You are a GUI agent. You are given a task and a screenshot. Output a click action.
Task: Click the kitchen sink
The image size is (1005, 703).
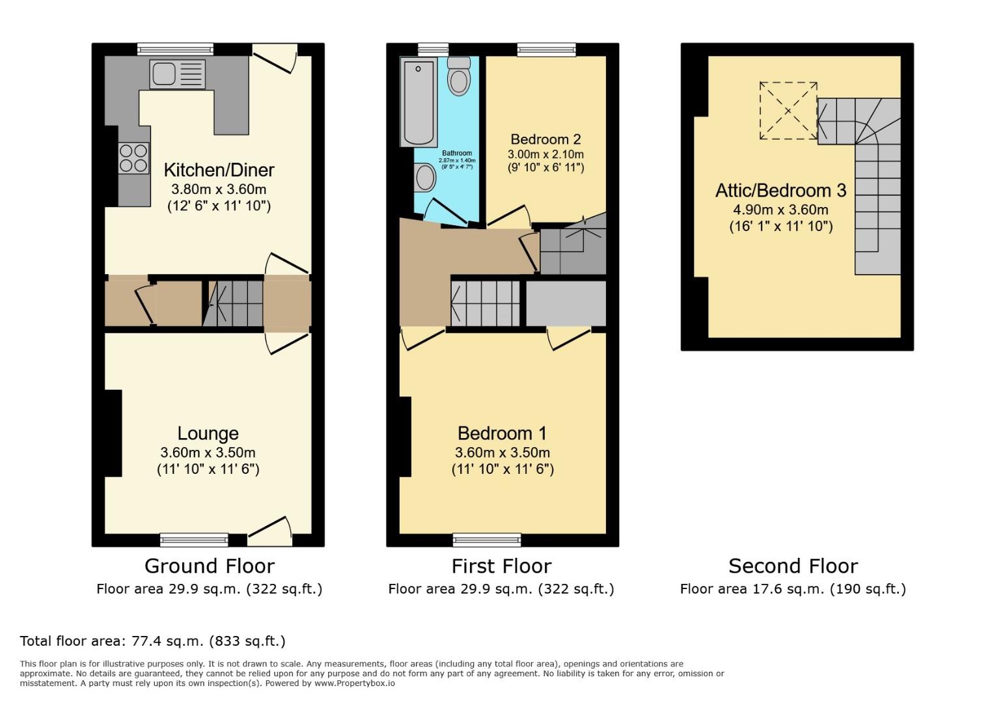coord(177,74)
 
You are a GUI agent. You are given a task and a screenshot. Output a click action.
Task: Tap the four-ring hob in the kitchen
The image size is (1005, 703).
coord(133,158)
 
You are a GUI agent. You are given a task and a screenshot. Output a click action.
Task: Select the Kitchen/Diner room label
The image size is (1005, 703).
coord(219,170)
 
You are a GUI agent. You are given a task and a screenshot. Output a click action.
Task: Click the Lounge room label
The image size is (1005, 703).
coord(208,434)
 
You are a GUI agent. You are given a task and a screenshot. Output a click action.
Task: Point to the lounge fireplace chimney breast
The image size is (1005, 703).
coord(113,433)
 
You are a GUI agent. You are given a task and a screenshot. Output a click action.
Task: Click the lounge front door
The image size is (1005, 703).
coord(270,532)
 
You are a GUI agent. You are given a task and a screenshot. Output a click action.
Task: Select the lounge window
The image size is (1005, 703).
coord(194,539)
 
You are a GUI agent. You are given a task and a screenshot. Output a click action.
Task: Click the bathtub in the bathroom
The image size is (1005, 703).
coord(419,102)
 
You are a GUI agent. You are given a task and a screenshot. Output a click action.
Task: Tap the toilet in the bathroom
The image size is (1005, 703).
coord(460,76)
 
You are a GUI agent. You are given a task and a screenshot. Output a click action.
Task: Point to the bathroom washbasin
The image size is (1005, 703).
coord(425,177)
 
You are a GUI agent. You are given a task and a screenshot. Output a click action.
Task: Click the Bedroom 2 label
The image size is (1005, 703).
coord(545,139)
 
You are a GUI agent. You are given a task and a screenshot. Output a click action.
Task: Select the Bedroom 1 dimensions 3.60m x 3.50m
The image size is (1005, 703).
coord(502,452)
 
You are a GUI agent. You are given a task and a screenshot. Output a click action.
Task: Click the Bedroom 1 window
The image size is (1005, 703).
coord(487,539)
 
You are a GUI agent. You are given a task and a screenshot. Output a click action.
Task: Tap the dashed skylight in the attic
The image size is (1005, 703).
coord(788,111)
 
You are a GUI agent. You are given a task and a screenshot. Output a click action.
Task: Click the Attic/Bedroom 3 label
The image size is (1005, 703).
coord(780,191)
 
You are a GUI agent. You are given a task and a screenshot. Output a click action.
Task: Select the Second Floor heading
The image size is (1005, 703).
coord(793,566)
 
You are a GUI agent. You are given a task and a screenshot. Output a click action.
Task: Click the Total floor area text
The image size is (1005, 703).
coord(153,641)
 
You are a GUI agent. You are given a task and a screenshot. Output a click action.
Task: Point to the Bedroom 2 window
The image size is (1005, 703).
coord(546,49)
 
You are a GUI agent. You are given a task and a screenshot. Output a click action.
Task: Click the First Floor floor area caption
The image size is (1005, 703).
coord(501,590)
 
